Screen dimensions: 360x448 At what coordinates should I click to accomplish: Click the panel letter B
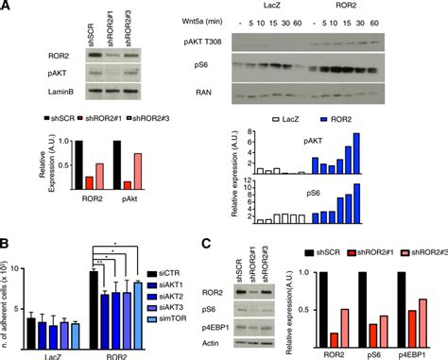point(8,242)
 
